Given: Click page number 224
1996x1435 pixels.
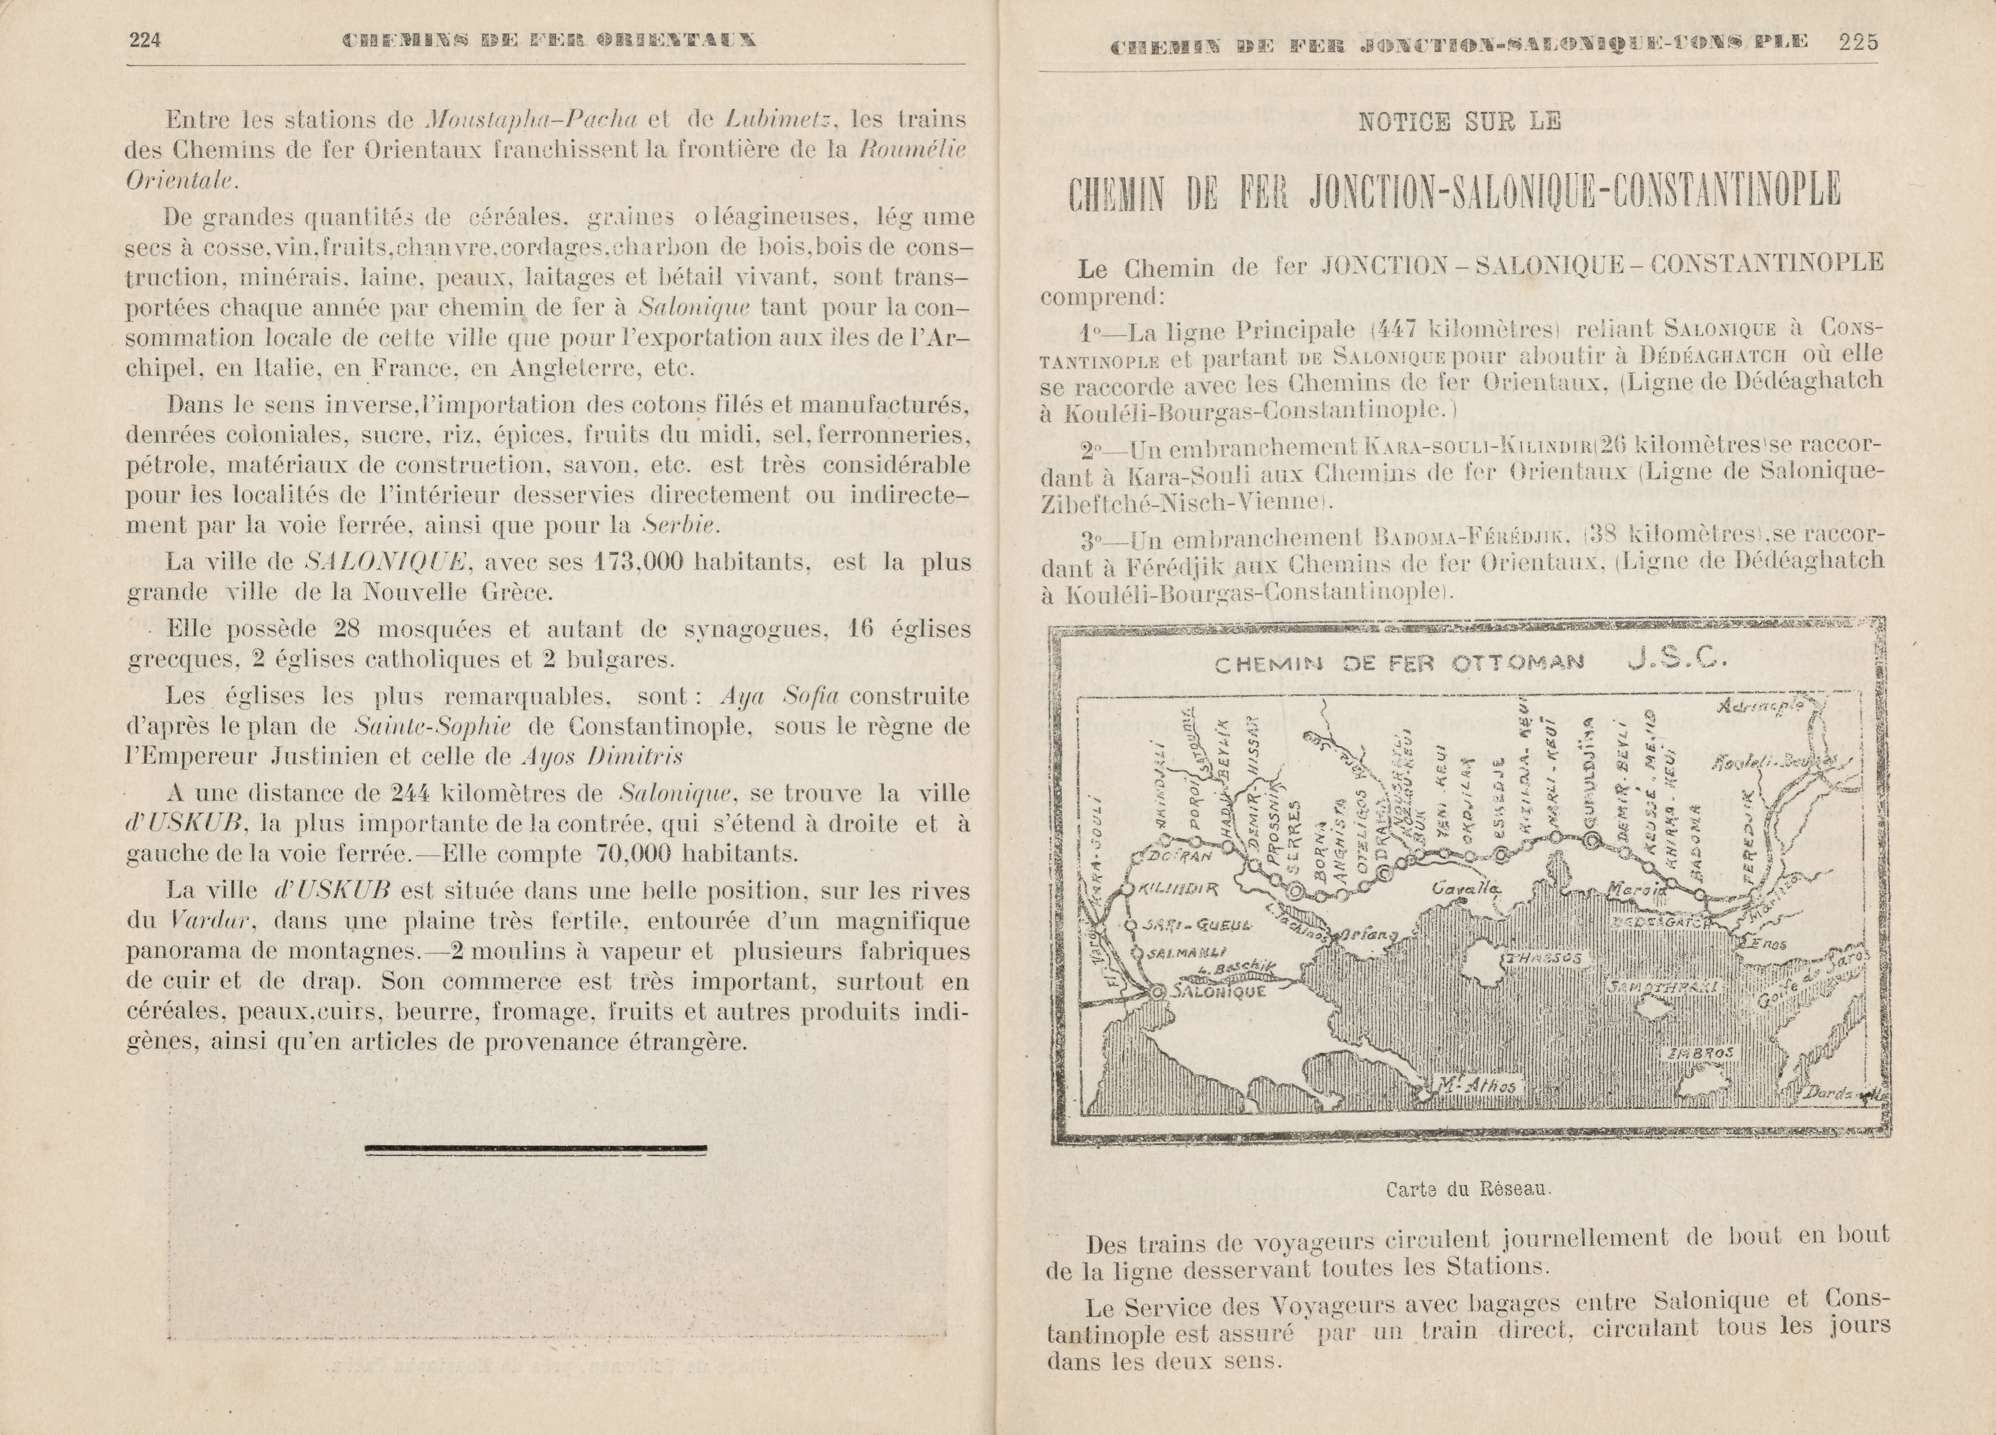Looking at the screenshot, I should [144, 41].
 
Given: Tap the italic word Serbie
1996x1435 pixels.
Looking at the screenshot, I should [681, 526].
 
